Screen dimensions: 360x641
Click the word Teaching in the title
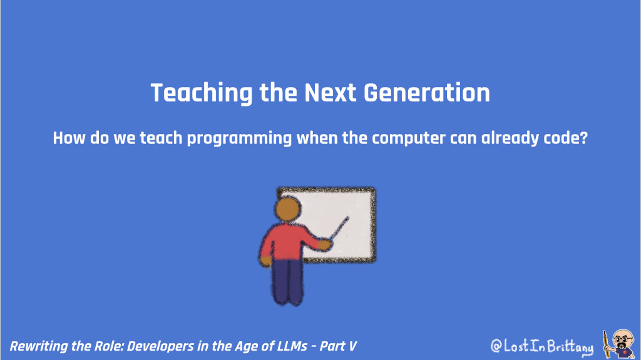(195, 93)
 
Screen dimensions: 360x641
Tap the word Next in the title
(331, 93)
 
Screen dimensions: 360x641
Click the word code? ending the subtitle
(567, 138)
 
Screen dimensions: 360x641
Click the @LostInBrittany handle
(541, 346)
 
